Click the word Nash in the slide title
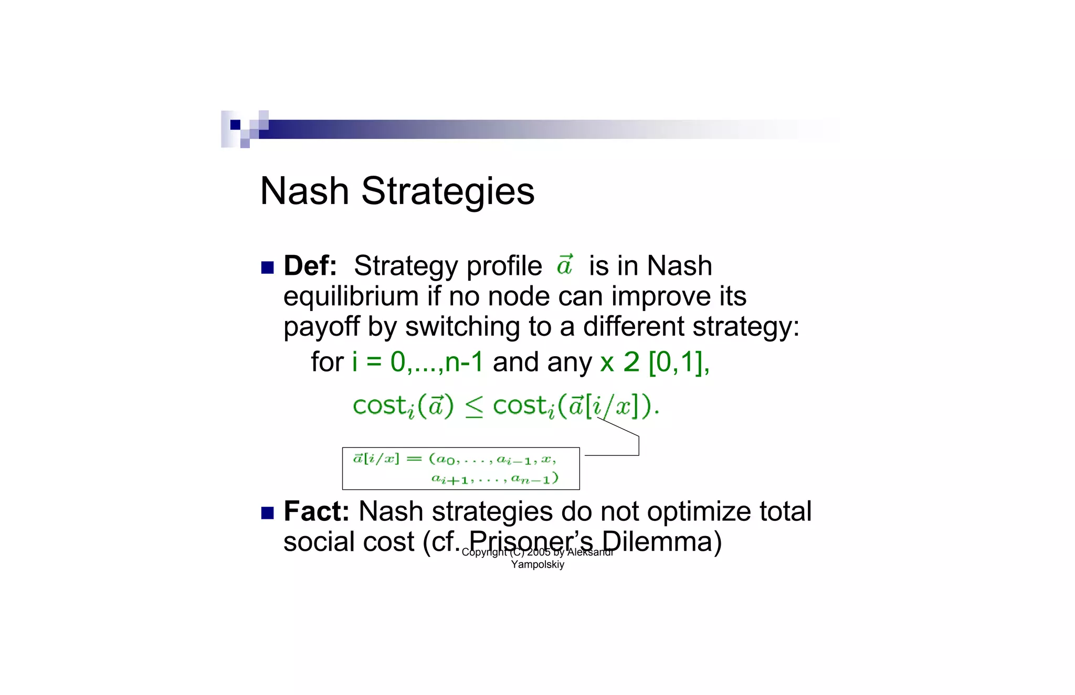coord(304,191)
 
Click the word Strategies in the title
coord(448,192)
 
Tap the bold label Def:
coord(310,265)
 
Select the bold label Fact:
coord(316,511)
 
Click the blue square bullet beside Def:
coord(268,268)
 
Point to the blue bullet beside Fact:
coord(268,513)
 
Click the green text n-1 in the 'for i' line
coord(464,362)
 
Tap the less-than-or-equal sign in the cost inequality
coord(473,407)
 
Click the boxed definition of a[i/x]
coord(460,468)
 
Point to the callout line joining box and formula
coord(638,446)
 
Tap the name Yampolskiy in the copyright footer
coord(537,565)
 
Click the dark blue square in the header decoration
coord(235,124)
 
